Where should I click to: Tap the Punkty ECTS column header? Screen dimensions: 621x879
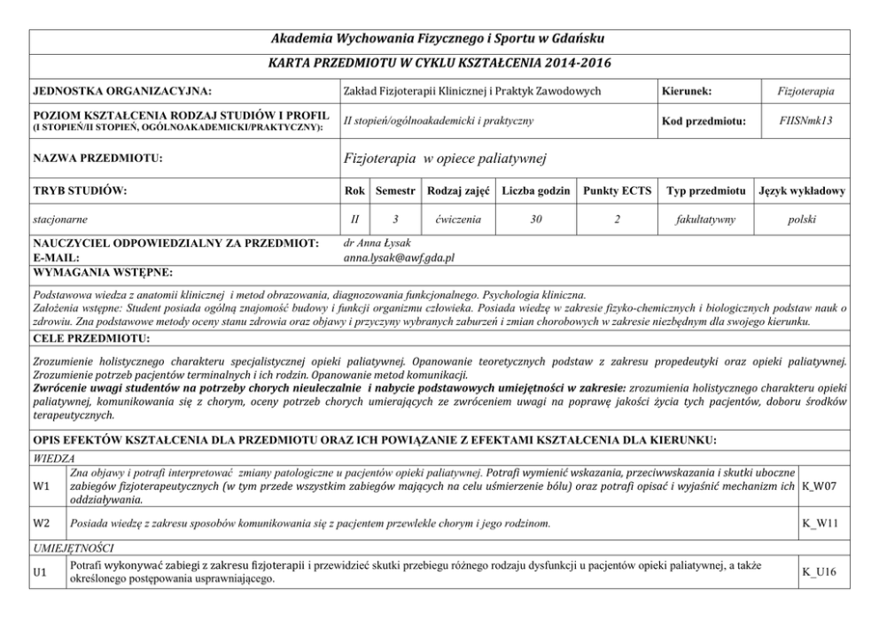[617, 191]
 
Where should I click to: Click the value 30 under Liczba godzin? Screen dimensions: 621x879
[535, 217]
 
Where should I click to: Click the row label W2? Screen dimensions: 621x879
[40, 524]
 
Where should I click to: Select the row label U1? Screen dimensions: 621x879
[40, 573]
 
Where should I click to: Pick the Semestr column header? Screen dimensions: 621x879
[394, 191]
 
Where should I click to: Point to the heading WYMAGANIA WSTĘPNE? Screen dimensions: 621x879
[102, 272]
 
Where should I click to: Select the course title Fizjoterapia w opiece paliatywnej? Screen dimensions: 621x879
[444, 159]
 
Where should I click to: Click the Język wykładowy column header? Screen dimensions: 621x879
[801, 191]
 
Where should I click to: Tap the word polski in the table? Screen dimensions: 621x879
[801, 217]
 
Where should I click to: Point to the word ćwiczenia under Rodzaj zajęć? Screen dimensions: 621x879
[458, 217]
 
